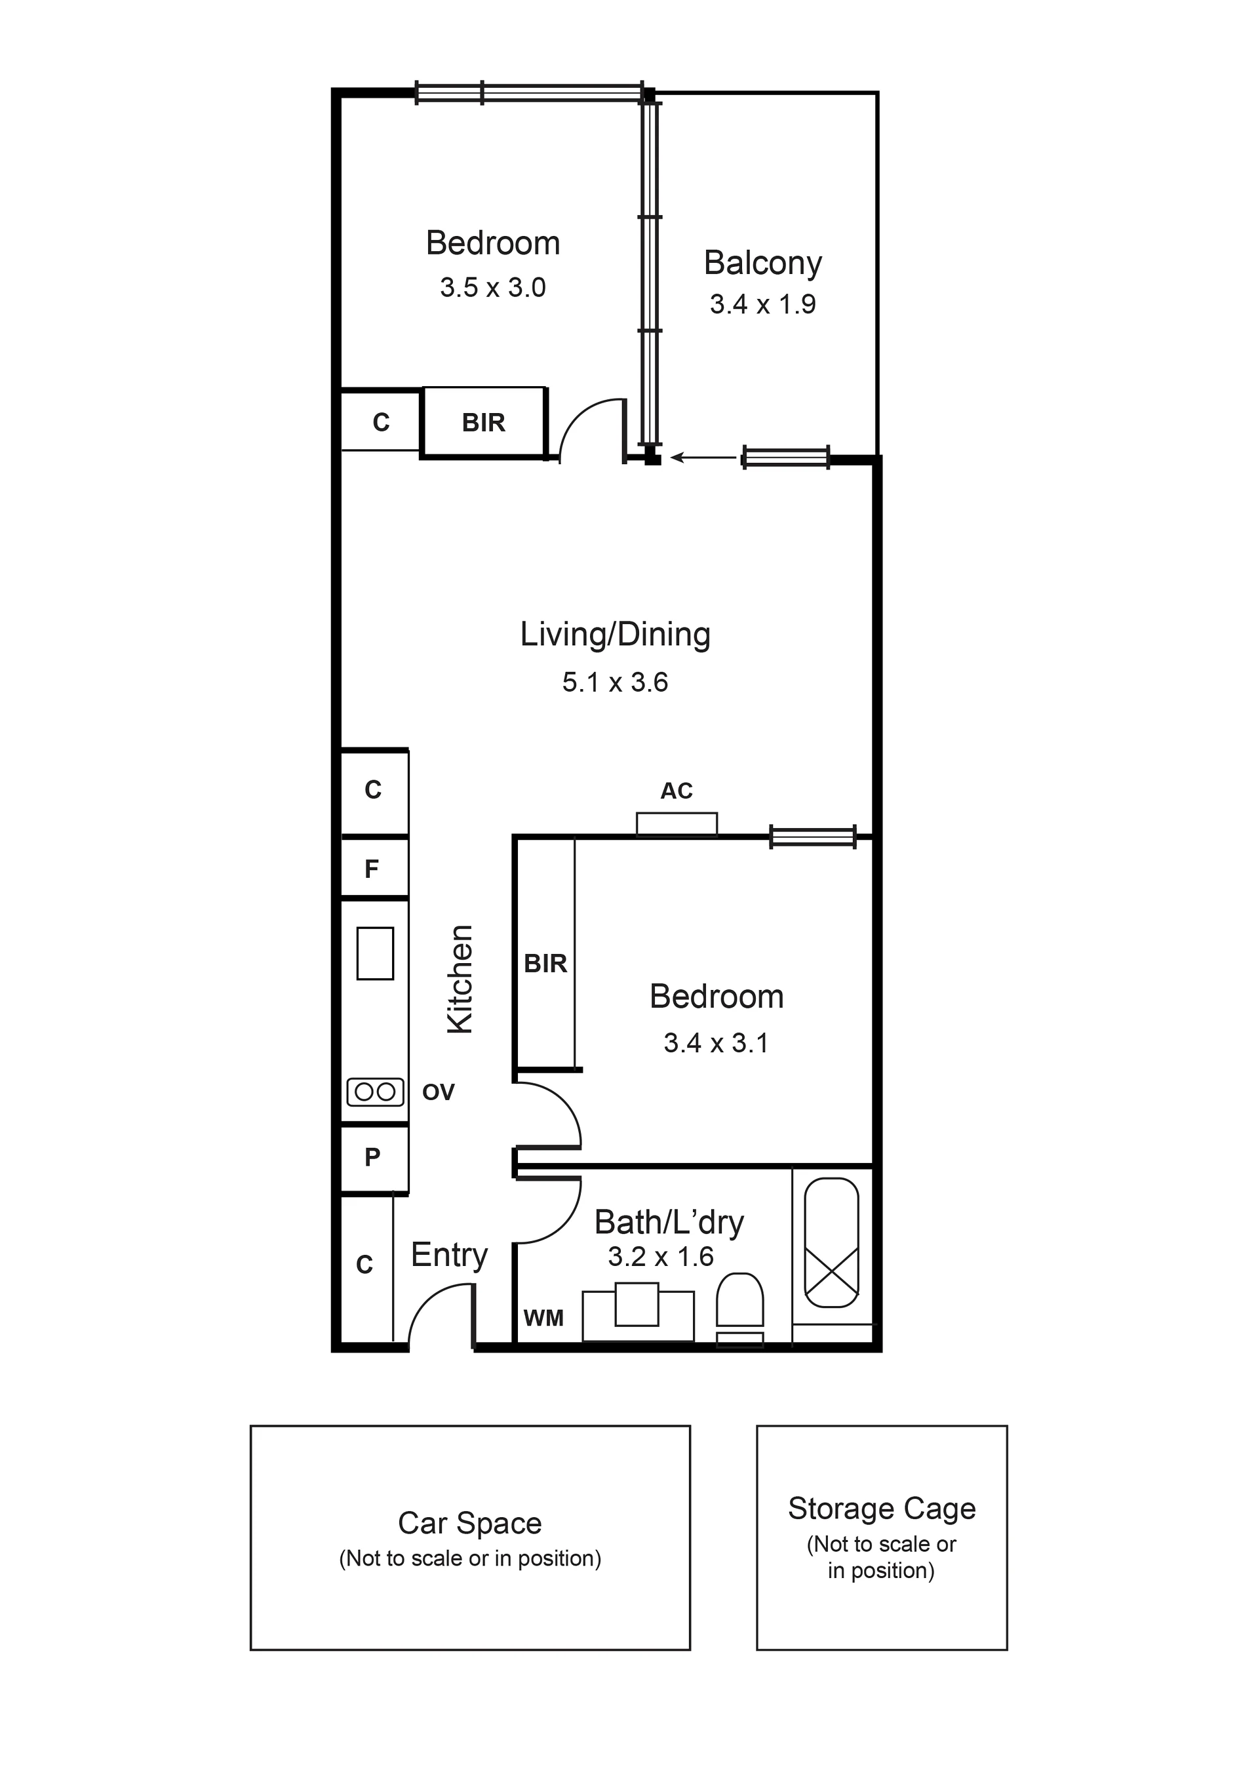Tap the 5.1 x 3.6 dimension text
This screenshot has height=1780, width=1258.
pos(615,682)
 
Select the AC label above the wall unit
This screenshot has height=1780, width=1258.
pos(676,791)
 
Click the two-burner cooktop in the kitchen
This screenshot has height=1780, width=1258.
pos(375,1092)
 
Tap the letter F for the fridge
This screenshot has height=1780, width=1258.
pos(372,869)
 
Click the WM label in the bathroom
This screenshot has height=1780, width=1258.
pos(543,1318)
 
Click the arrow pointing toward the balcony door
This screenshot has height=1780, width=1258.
pos(704,458)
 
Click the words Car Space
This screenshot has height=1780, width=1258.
pos(470,1524)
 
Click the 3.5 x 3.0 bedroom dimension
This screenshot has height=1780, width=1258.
pos(493,288)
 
